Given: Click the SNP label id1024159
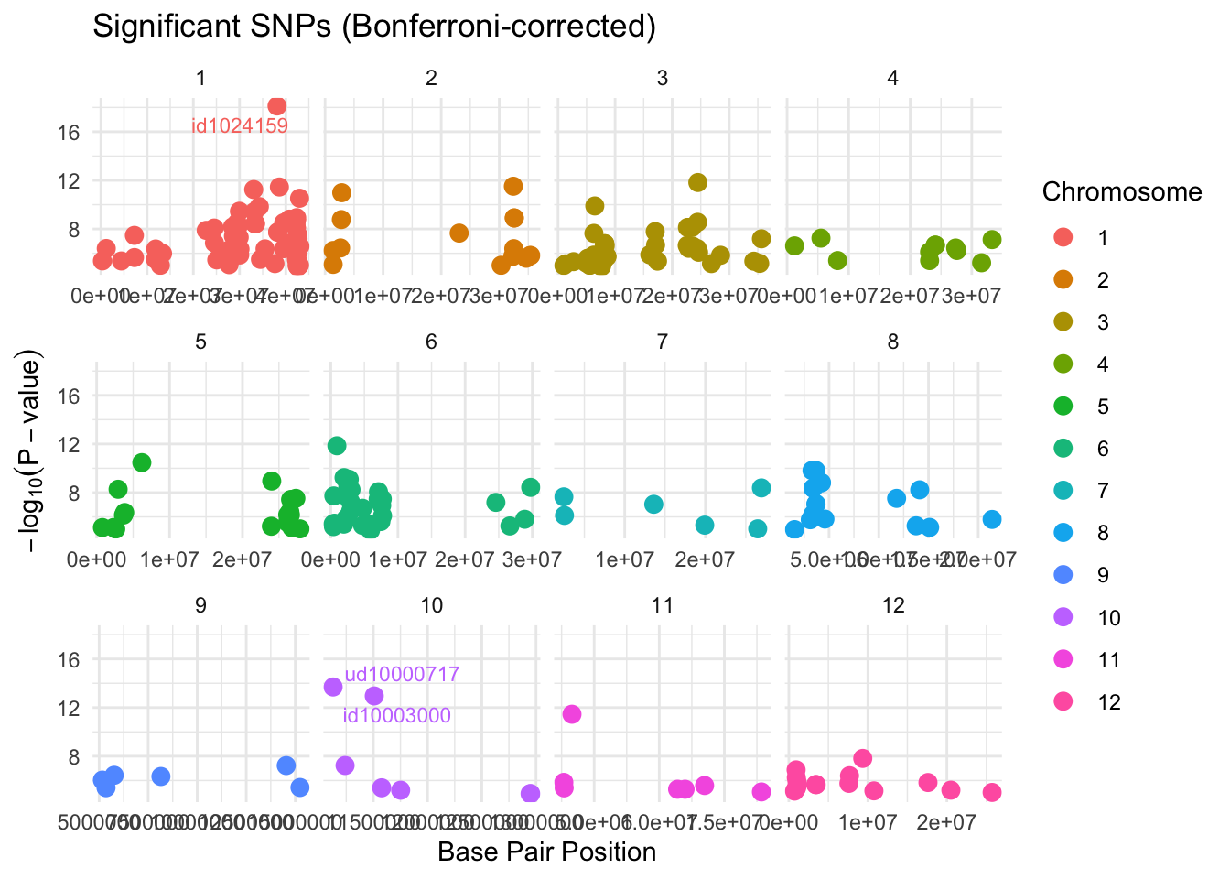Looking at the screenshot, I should click(240, 126).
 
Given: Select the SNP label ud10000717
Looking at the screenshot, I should click(402, 675).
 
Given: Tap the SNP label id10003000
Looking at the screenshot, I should click(396, 716).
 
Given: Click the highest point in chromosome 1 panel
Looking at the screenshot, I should click(277, 106).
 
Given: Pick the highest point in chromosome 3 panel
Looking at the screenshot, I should click(697, 182).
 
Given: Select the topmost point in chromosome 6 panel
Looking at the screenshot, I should click(337, 446).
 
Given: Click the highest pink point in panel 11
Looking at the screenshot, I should click(572, 714).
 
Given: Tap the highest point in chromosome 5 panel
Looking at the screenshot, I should click(142, 462).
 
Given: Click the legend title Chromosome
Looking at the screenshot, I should click(1121, 192).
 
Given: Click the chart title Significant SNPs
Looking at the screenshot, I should click(374, 27).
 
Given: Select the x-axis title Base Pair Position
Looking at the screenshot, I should click(546, 852).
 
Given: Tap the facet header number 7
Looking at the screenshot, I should click(662, 342).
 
